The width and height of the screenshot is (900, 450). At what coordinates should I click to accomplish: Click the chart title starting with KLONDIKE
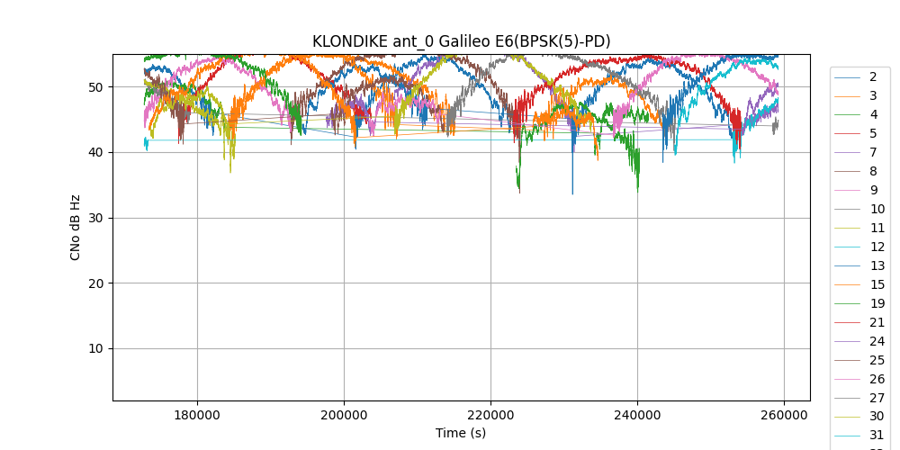[x=461, y=41]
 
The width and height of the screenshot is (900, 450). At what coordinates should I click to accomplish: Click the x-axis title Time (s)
[x=461, y=433]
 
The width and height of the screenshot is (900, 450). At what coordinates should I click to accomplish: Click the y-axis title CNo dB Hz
[x=76, y=228]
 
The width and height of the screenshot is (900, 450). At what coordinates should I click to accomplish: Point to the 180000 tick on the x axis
[x=197, y=415]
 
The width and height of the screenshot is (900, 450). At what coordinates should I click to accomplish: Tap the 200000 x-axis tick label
[x=344, y=415]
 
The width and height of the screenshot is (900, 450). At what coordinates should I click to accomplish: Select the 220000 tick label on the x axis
[x=490, y=415]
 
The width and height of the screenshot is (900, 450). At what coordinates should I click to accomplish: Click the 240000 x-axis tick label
[x=637, y=415]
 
